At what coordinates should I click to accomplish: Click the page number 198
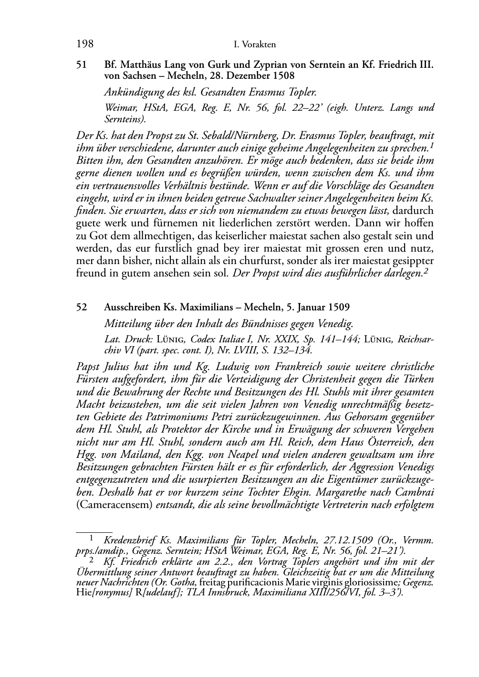84,44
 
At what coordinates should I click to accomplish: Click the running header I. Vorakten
255,45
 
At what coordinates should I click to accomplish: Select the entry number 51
82,64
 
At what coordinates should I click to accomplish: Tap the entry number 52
82,307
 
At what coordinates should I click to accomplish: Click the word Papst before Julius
89,367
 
